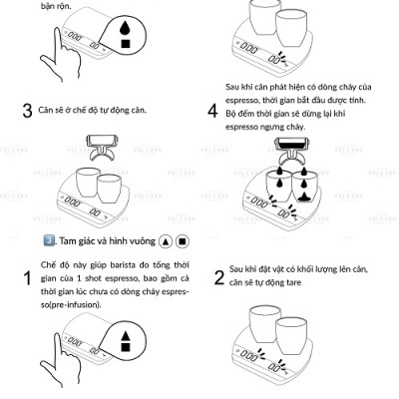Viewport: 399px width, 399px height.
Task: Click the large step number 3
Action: [27, 111]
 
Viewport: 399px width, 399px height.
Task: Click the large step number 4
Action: [213, 111]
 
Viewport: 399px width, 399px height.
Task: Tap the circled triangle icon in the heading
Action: [165, 241]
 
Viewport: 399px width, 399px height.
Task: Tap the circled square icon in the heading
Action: [182, 241]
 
